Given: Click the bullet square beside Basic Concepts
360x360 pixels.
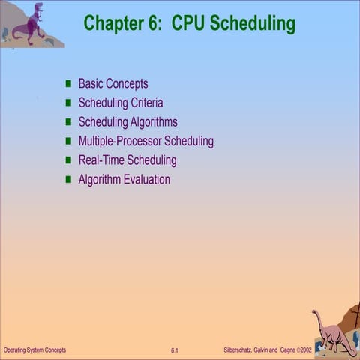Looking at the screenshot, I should [x=69, y=84].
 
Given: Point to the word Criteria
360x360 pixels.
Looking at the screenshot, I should [x=145, y=103].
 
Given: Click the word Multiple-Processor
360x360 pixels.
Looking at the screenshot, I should [x=119, y=141].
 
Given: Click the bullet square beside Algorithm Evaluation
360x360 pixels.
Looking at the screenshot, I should [x=69, y=179].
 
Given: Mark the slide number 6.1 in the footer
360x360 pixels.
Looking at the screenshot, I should [x=174, y=350].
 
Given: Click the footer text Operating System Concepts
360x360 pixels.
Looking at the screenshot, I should [x=34, y=350].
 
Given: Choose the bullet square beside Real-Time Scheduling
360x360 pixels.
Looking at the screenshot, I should [x=69, y=160].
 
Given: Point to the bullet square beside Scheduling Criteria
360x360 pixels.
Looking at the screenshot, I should [x=69, y=103].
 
